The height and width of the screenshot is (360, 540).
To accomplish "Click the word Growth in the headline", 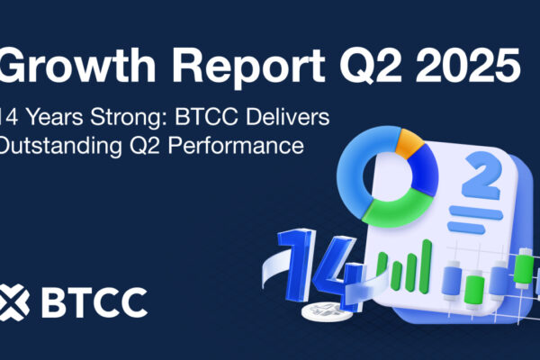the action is (77, 65).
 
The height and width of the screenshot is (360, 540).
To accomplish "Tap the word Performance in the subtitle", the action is (236, 146).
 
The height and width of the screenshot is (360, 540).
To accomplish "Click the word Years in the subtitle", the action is (55, 117).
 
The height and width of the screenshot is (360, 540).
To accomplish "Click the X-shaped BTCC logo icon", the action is (13, 302).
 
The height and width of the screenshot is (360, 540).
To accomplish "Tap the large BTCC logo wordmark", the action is (94, 302).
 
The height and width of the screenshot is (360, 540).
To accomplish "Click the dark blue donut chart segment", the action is (426, 170).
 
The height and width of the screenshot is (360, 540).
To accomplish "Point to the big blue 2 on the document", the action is (480, 177).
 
